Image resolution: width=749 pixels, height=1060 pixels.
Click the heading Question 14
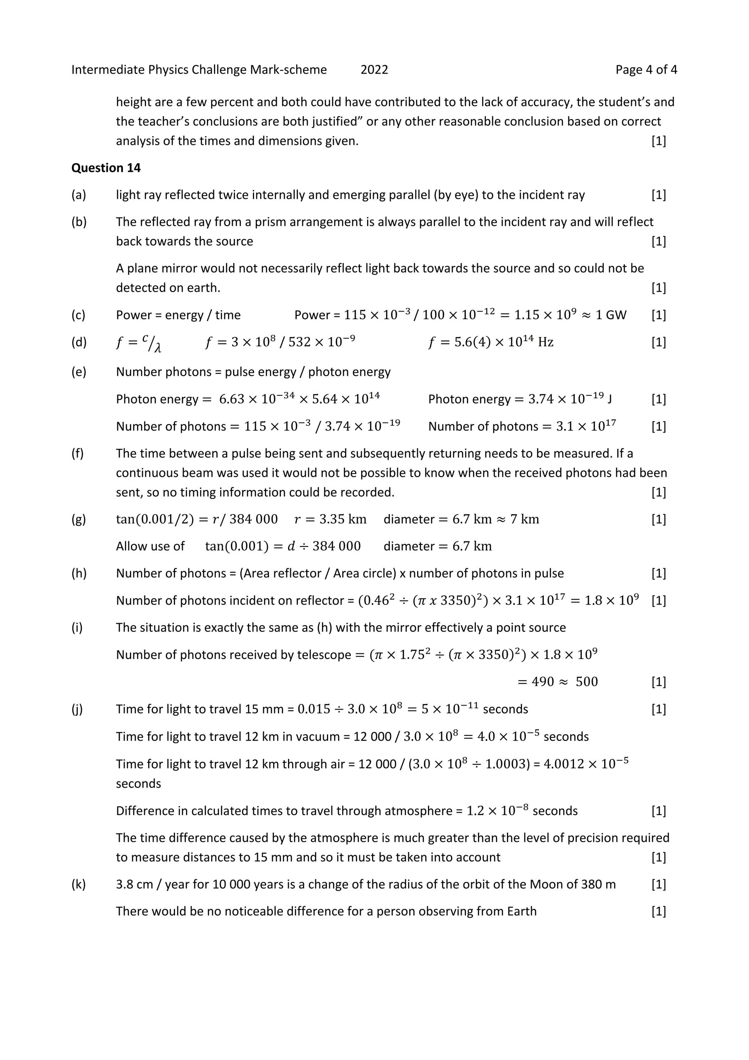click(x=106, y=168)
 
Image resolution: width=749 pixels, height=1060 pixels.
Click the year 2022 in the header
click(x=374, y=70)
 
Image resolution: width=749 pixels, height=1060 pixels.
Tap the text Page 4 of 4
click(x=646, y=70)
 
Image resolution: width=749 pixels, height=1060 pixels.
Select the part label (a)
click(x=79, y=195)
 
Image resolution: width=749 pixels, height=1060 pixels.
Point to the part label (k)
click(x=79, y=884)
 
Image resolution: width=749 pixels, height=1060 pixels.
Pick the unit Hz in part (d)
click(x=545, y=342)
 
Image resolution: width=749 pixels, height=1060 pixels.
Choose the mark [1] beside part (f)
click(x=658, y=493)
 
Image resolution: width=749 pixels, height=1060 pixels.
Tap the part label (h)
click(x=79, y=573)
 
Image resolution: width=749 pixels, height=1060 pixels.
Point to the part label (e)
click(x=79, y=372)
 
